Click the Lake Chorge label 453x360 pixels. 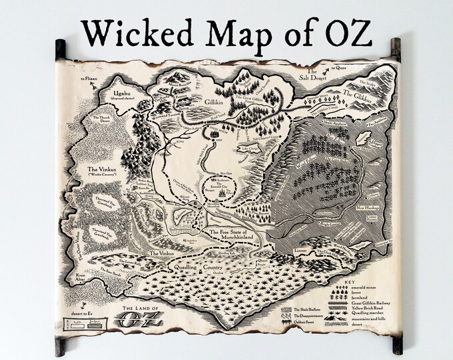[x=247, y=144]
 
